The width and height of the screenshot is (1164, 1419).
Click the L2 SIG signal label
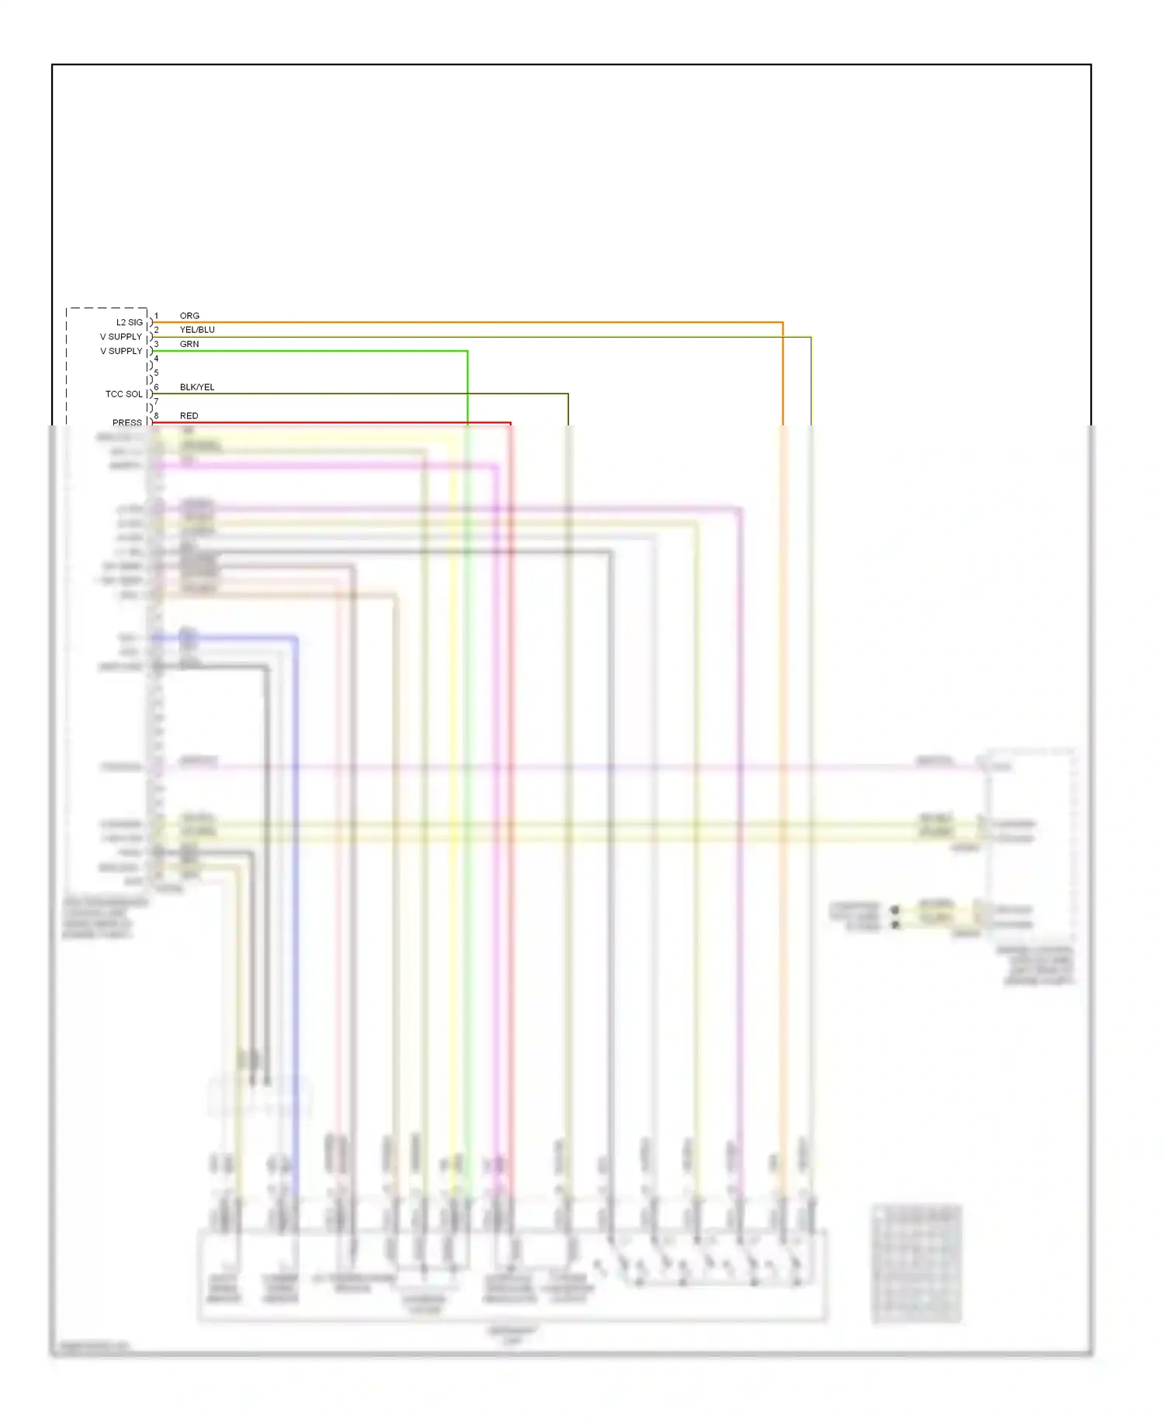coord(129,322)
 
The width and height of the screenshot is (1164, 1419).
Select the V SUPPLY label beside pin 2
coord(121,337)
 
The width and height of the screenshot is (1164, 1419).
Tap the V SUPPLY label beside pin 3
coord(121,351)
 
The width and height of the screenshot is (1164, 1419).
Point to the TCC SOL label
coord(124,394)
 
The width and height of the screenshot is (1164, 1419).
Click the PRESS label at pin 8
coord(127,422)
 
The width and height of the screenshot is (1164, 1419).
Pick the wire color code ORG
coord(189,316)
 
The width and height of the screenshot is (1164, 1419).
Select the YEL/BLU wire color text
coord(197,330)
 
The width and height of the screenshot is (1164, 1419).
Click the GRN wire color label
coord(189,344)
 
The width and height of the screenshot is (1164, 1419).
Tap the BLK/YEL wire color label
coord(197,387)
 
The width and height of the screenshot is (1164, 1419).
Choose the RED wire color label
coord(189,416)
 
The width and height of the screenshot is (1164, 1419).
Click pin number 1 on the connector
coord(156,316)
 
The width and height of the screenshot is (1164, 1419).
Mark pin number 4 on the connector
coord(156,359)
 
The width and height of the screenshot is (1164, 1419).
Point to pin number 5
coord(156,373)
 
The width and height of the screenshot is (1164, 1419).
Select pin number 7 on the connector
coord(156,401)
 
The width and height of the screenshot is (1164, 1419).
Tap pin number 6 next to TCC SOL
coord(156,387)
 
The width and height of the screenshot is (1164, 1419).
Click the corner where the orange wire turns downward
coord(782,322)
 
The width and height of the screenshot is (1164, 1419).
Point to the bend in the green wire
coord(467,352)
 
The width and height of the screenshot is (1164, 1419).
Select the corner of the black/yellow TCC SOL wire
coord(568,394)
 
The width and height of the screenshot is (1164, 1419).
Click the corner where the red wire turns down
coord(511,423)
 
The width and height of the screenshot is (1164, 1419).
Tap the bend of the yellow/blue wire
coord(811,337)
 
